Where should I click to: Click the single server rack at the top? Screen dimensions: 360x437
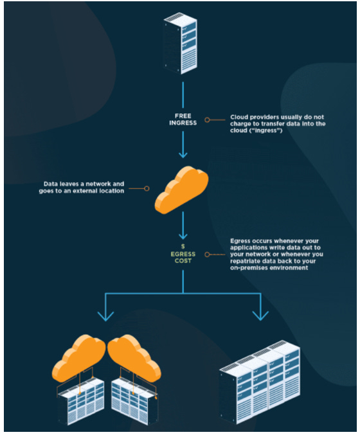(181, 43)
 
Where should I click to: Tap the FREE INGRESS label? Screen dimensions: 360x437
(183, 120)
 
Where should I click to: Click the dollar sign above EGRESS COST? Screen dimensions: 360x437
(183, 246)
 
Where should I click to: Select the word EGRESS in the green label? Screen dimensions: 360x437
(183, 254)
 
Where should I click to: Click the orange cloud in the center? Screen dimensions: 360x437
(181, 190)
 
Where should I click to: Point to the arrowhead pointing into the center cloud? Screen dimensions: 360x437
(183, 154)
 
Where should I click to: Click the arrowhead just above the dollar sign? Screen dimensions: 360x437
(183, 236)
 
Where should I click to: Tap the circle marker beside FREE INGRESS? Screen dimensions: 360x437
(207, 120)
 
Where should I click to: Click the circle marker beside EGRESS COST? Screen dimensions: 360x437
(207, 254)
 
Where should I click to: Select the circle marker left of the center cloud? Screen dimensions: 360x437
(147, 189)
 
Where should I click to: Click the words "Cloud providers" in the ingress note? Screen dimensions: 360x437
(251, 117)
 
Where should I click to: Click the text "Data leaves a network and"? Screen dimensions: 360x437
(84, 184)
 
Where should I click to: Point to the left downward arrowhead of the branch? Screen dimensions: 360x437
(105, 317)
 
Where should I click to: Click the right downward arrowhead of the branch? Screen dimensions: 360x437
(260, 316)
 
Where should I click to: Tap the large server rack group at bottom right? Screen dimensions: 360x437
(260, 382)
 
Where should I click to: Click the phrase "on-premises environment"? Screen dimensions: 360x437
(269, 268)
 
